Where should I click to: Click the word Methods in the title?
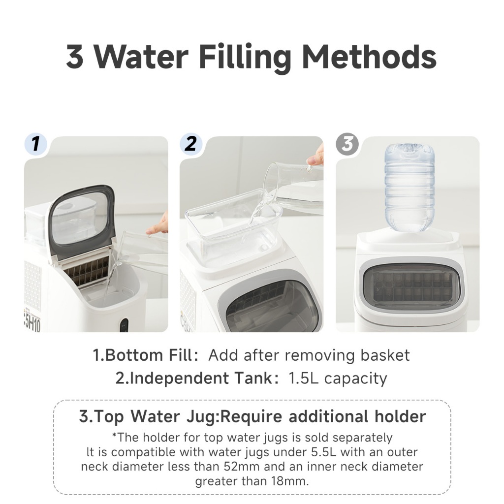point(369,57)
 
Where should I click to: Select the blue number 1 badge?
point(35,144)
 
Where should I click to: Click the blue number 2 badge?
point(191,144)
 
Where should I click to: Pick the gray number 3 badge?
point(347,144)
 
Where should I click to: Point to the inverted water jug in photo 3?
point(409,187)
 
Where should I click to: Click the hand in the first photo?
point(158,224)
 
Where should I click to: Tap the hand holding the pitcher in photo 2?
point(316,156)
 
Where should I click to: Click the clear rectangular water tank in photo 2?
point(233,222)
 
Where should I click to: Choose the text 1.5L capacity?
point(338,378)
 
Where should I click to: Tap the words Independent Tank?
point(201,378)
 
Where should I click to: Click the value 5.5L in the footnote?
point(324,452)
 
